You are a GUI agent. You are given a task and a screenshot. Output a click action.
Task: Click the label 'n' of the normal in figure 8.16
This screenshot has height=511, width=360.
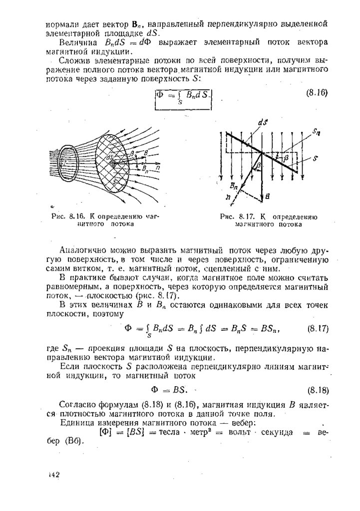(156, 168)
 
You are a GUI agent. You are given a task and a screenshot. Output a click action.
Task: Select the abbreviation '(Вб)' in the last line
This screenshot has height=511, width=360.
(74, 441)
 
